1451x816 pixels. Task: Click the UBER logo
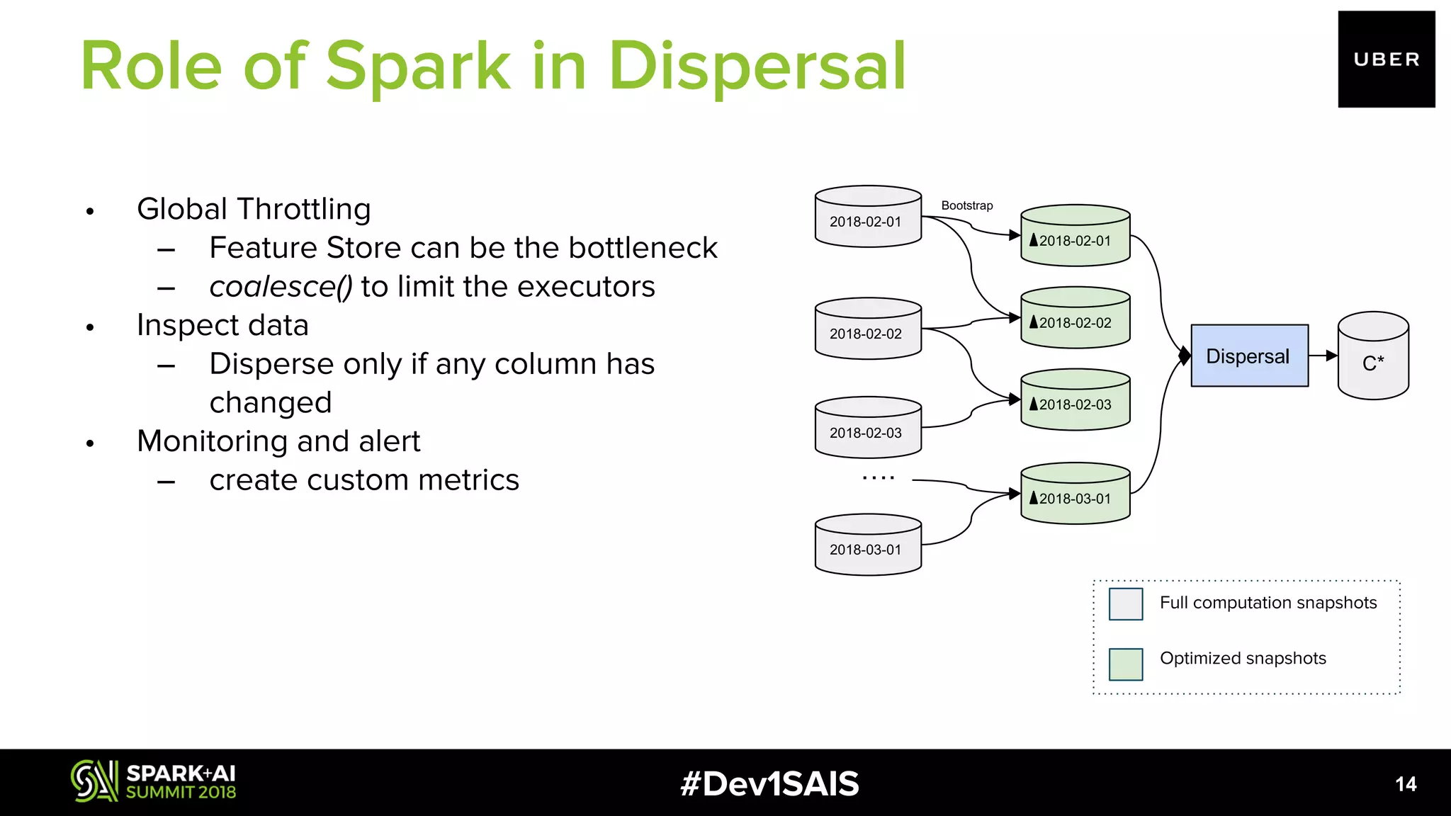[1386, 59]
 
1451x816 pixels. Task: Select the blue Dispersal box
[1249, 356]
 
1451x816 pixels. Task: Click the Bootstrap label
[966, 205]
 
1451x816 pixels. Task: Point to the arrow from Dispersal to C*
[1323, 356]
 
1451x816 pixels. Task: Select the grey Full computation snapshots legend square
[1125, 604]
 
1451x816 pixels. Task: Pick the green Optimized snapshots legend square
[1125, 664]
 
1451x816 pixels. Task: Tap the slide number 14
[1405, 784]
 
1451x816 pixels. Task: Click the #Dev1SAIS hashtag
[769, 784]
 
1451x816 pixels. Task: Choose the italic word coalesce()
[281, 287]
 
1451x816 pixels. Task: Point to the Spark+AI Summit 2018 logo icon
[94, 781]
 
